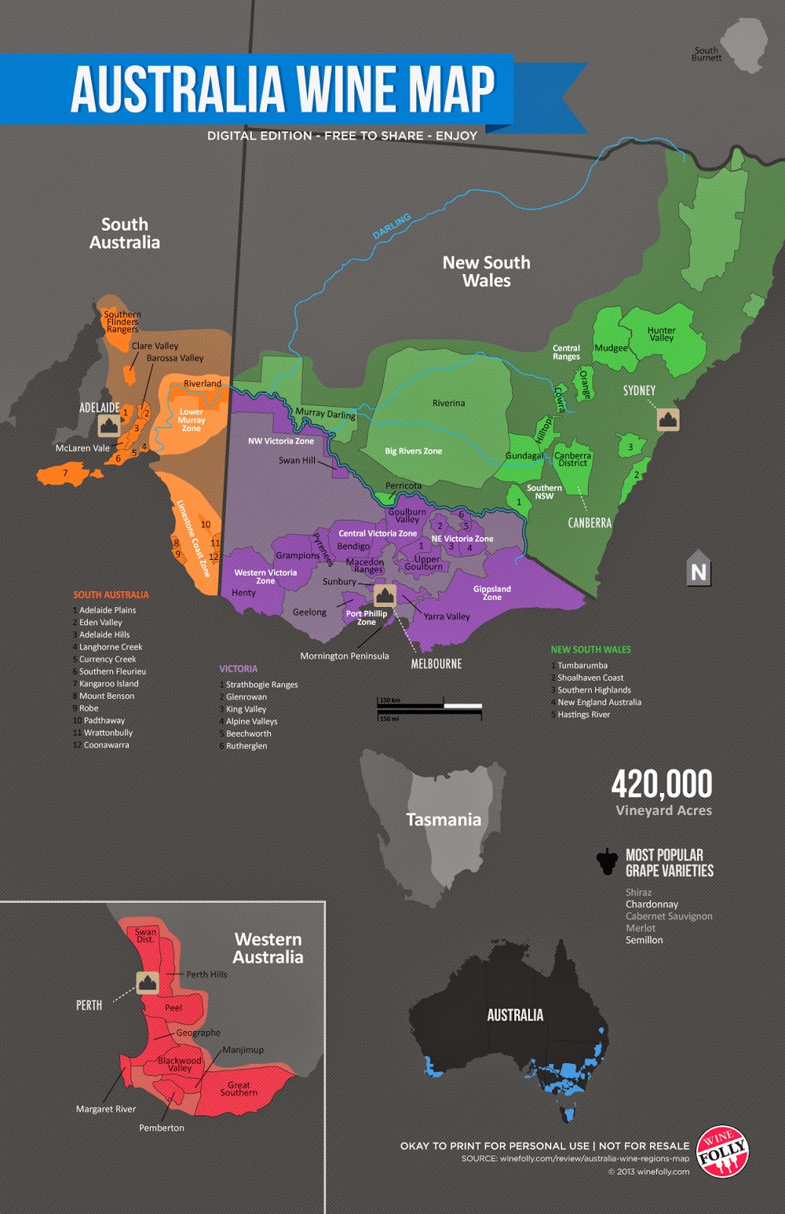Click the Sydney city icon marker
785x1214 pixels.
[667, 419]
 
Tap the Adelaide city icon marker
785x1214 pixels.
[109, 425]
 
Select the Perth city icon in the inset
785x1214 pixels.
[147, 983]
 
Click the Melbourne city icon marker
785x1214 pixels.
[385, 595]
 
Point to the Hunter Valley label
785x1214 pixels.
[661, 334]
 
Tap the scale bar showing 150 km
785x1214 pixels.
[429, 707]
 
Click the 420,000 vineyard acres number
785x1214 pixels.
[662, 784]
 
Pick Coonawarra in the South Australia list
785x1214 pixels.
[106, 745]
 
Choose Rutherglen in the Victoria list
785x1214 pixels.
[246, 746]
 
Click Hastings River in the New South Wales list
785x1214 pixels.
[583, 715]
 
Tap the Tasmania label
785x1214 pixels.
[444, 819]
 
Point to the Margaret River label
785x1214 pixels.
[105, 1109]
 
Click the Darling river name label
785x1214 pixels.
[391, 225]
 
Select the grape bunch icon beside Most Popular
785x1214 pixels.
[607, 861]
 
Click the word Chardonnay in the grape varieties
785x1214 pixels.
[652, 904]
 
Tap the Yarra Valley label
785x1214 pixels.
[447, 617]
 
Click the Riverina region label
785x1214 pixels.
[448, 403]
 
